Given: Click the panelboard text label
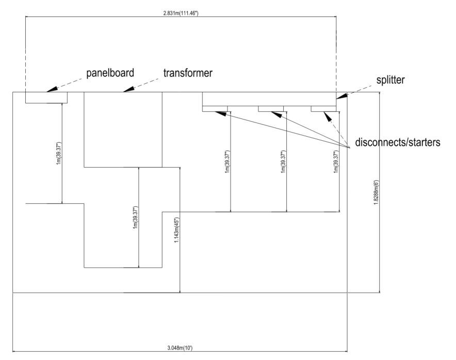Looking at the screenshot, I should pos(111,73).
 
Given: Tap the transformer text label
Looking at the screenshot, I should pos(188,73).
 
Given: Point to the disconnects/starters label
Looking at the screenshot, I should pos(398,143).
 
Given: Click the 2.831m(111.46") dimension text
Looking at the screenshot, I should pos(180,12).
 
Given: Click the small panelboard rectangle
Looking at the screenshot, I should pos(46,97).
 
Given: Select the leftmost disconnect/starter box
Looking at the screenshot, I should pos(215,108).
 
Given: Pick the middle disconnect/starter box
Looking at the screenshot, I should pos(271,108).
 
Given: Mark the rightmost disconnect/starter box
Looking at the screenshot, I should pos(324,108).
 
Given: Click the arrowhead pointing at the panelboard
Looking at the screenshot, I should pos(50,90).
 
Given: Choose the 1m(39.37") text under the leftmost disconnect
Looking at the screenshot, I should pos(227,161).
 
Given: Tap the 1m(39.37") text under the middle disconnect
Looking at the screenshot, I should pos(283,161).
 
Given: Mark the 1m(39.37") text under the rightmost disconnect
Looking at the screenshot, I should pos(336,161).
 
